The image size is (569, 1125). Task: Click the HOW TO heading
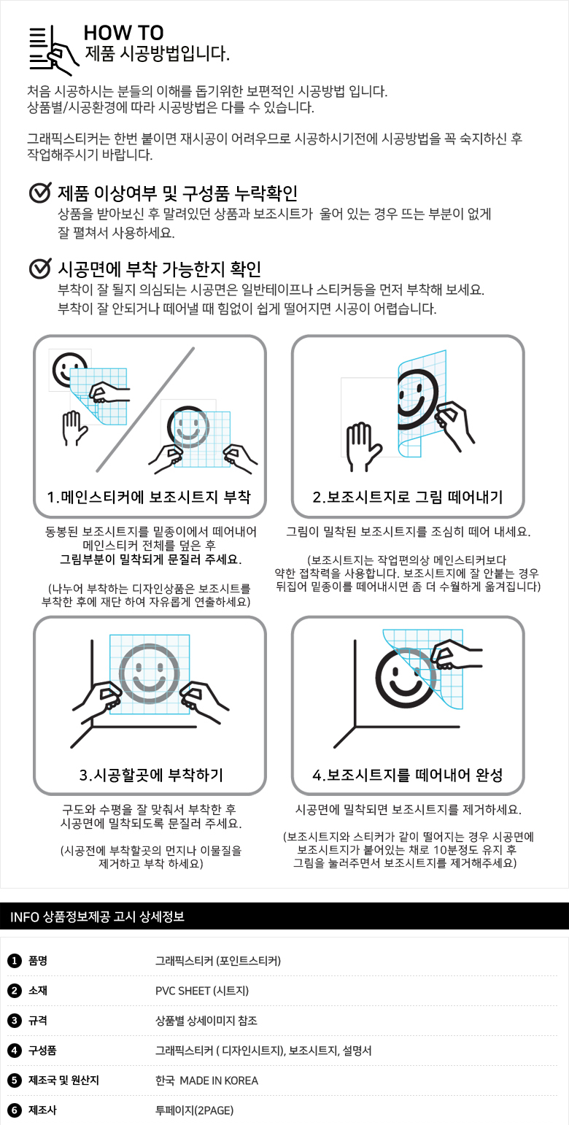pos(123,33)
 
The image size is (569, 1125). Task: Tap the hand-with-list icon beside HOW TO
pos(54,49)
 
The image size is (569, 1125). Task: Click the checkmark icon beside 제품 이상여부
pos(40,193)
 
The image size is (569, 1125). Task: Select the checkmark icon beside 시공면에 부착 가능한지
pos(40,268)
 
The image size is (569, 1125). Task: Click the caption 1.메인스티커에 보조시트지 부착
pos(149,497)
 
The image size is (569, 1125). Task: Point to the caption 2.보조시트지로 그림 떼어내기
pos(407,497)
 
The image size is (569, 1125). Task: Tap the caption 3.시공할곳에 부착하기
pos(151,775)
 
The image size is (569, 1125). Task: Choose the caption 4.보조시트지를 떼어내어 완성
pos(407,775)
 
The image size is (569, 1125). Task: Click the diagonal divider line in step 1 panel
pos(145,410)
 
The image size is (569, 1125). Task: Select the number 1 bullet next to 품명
pos(14,961)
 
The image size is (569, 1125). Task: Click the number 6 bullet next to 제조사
pos(14,1110)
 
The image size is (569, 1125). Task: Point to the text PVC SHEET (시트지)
pos(202,991)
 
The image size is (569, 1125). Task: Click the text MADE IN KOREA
pos(219,1080)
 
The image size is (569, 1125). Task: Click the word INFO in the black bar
pos(25,917)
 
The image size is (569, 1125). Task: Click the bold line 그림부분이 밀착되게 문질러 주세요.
pos(151,560)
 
